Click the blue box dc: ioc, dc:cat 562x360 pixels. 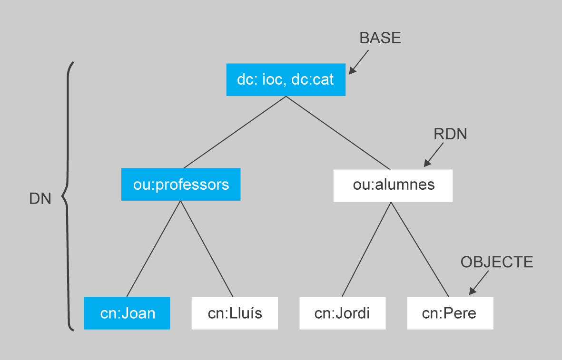coord(286,80)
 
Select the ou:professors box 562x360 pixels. coord(181,185)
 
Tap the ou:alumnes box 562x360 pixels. coord(393,185)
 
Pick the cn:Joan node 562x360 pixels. coord(127,313)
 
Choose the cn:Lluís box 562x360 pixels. coord(235,313)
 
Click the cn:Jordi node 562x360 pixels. coord(342,313)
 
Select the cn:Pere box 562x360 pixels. coord(450,313)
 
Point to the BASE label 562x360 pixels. coord(380,39)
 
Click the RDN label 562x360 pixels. coord(450,135)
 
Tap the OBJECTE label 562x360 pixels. coord(497,262)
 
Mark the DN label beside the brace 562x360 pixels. coord(40,199)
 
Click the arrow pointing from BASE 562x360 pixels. coord(359,62)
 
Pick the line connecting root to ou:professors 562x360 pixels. coord(233,132)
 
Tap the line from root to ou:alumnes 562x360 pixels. coord(338,133)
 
